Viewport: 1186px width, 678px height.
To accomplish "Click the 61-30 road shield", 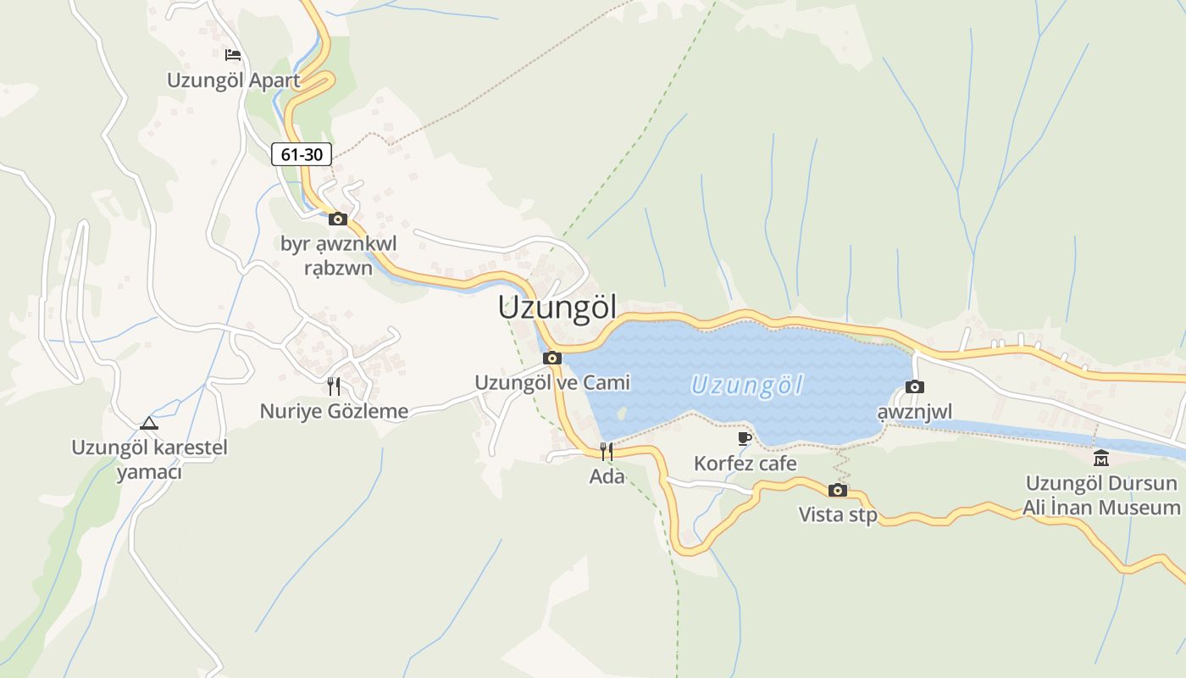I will tap(302, 154).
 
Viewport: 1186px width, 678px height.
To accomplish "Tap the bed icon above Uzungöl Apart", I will tap(233, 55).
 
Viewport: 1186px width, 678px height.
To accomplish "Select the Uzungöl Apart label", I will tap(233, 81).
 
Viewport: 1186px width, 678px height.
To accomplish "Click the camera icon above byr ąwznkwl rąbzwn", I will tap(338, 219).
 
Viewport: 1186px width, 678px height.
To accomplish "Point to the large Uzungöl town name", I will tap(557, 307).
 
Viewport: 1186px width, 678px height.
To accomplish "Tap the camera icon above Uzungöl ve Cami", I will tap(552, 358).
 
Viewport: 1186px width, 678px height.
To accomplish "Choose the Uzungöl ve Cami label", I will tap(552, 383).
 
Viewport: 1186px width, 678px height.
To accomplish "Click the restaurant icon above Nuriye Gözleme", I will tap(334, 386).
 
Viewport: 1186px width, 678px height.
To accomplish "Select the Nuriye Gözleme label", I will tap(334, 412).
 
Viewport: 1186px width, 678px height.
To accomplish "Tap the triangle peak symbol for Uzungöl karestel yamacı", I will tap(149, 423).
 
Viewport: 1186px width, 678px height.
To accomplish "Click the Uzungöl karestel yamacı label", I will tap(149, 459).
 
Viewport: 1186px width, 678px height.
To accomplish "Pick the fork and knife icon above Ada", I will tap(607, 451).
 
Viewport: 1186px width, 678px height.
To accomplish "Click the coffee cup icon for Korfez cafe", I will tap(745, 438).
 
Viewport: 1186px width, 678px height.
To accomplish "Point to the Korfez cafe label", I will tap(745, 464).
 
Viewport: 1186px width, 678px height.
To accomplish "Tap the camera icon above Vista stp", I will tap(838, 490).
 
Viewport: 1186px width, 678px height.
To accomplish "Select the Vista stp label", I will tap(838, 515).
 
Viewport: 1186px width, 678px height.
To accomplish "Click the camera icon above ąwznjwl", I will tap(915, 386).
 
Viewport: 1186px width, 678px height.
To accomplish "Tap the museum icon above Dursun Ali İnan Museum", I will tap(1101, 458).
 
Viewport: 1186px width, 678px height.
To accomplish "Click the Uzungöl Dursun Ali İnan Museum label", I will tap(1102, 496).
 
